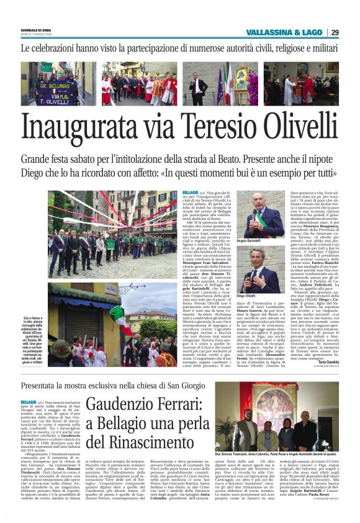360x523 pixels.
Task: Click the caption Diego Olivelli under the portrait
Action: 248,298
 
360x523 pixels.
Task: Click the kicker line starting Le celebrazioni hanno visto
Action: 180,48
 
